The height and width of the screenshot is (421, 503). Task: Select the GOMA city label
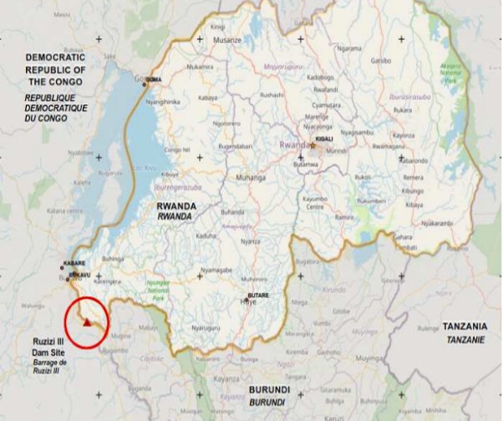[x=154, y=79]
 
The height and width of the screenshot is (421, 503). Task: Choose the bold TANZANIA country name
[x=465, y=325]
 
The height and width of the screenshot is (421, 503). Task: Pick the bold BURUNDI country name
[x=270, y=390]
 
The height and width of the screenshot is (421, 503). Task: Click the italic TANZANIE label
[x=464, y=337]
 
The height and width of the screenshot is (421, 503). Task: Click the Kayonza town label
[x=404, y=135]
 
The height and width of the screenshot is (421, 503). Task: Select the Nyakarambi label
[x=436, y=223]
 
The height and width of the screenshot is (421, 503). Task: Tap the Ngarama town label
[x=348, y=48]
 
